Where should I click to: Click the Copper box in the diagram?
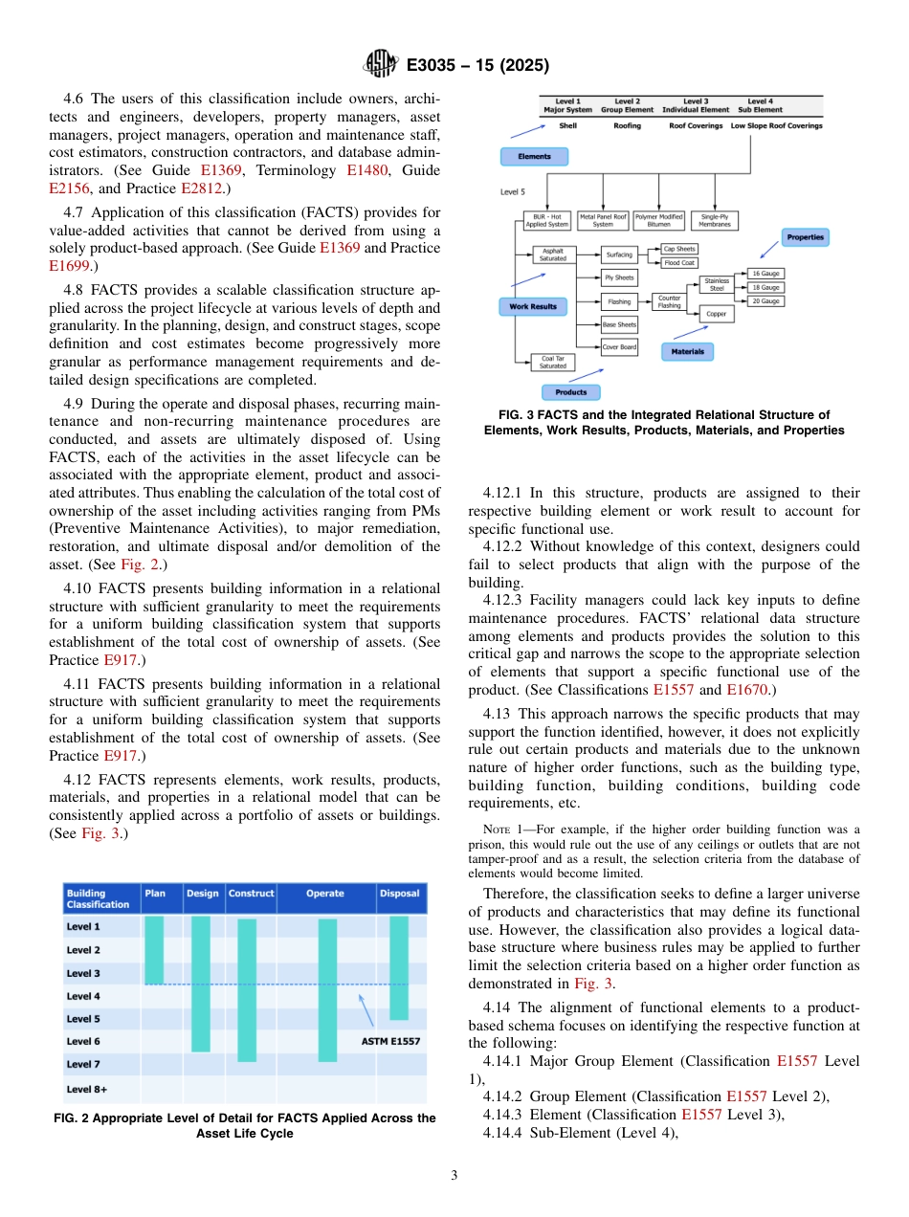point(717,313)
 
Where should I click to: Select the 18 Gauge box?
point(765,287)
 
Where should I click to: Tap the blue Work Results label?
point(533,307)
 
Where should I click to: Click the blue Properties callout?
point(805,236)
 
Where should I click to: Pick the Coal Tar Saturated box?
point(552,362)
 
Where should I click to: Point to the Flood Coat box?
point(679,262)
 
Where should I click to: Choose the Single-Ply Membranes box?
point(714,221)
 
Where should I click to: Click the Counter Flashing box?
point(669,301)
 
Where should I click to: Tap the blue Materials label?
point(687,351)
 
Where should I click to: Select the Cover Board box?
point(619,347)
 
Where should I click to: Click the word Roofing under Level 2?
point(627,125)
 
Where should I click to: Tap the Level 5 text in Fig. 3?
point(513,191)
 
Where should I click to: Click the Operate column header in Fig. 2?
point(325,894)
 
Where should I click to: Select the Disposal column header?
point(399,894)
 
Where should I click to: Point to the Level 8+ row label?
point(87,1089)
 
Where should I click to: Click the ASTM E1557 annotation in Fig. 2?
point(390,1041)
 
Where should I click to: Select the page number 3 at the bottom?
point(454,1175)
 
